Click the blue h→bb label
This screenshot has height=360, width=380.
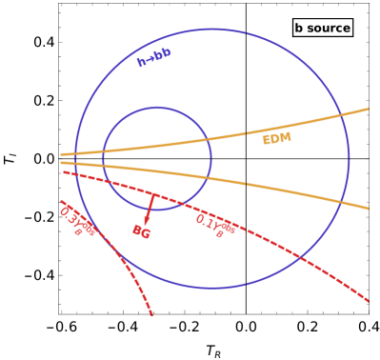coord(153,57)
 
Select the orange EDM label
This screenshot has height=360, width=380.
coord(276,139)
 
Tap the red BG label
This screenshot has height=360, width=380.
coord(141,230)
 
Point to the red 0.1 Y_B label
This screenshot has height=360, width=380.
coord(215,225)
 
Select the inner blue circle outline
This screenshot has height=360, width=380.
coord(157,108)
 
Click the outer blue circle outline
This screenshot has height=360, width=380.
coord(211,30)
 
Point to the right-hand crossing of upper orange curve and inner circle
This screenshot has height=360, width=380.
coord(210,140)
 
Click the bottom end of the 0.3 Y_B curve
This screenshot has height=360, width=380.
coord(151,313)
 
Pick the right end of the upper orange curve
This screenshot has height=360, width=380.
coord(369,109)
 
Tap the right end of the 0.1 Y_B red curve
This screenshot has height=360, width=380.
coord(369,302)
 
